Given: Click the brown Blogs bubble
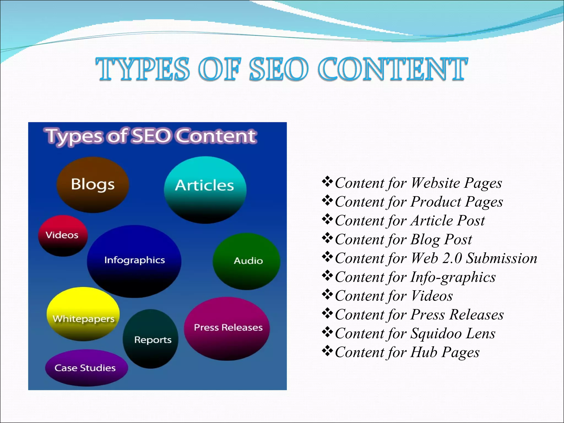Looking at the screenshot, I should [93, 185].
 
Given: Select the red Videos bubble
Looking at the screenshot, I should [63, 235].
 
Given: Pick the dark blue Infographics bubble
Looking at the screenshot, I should [134, 261].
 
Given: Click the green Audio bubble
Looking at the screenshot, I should [247, 261].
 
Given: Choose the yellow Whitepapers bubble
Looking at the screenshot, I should [83, 314].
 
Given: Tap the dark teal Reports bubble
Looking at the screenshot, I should [151, 339].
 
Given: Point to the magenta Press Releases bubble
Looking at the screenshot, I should [227, 328].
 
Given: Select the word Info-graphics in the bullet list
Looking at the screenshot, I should [453, 277].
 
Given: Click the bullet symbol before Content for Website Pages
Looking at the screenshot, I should [327, 182].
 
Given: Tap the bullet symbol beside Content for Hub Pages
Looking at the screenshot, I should [327, 351].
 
